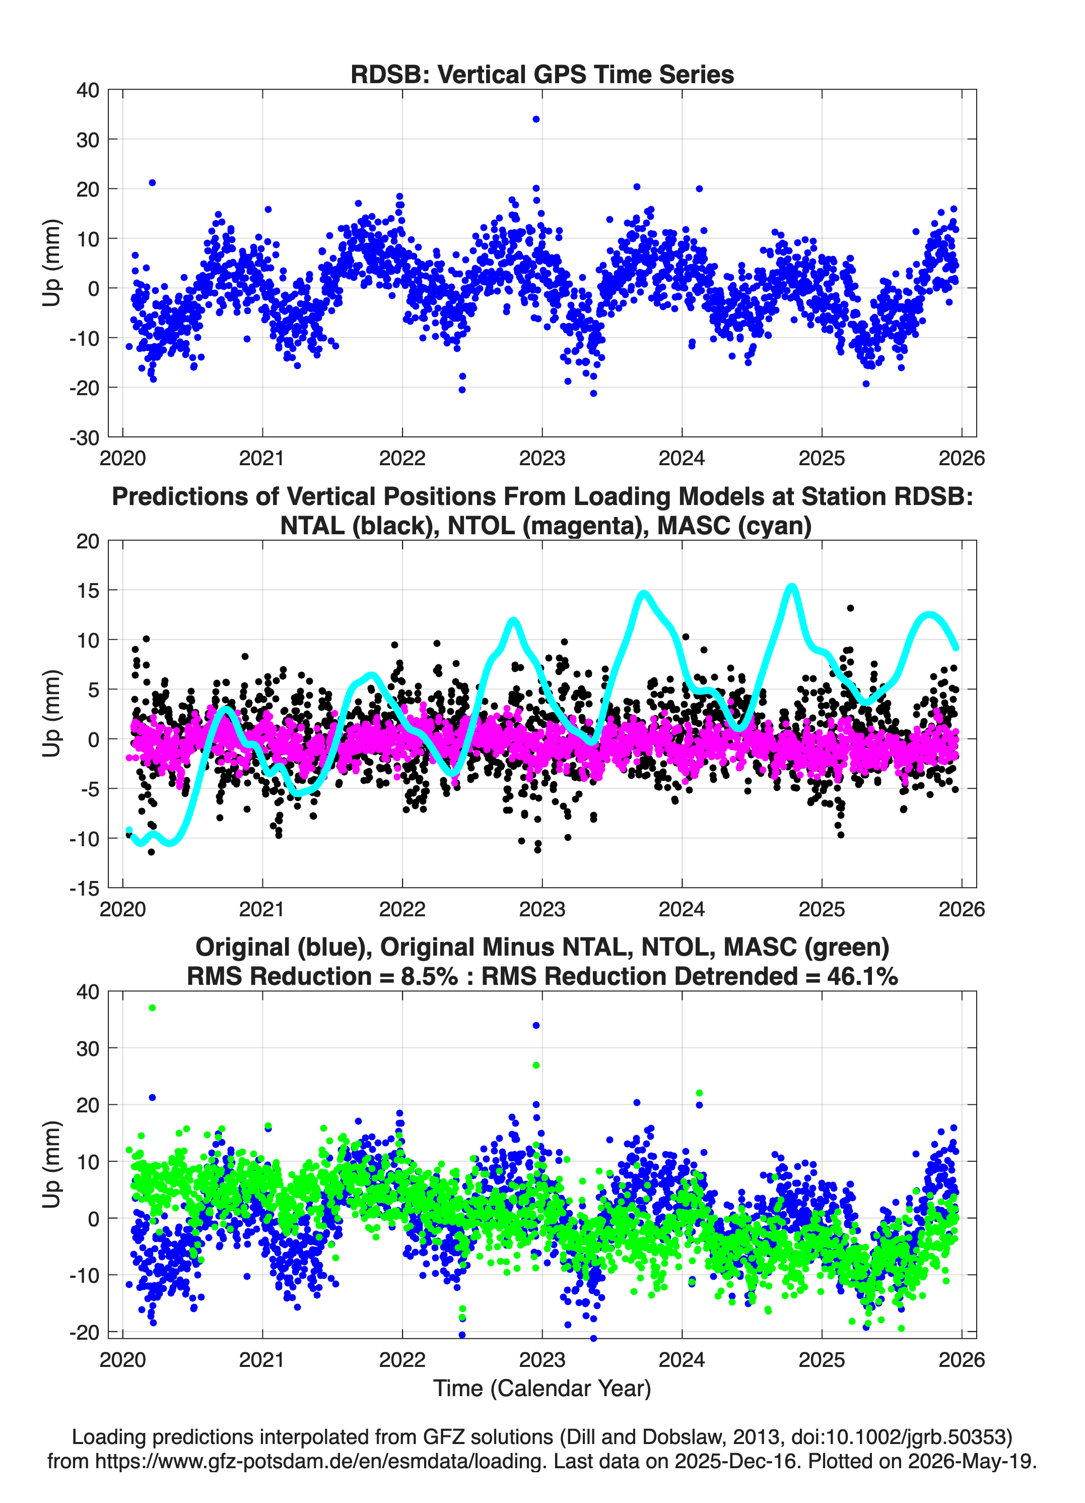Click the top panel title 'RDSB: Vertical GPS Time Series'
click(x=542, y=74)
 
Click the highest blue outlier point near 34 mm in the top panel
click(x=536, y=119)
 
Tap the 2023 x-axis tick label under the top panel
click(x=542, y=458)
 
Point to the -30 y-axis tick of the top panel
click(x=85, y=437)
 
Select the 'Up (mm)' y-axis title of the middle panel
click(x=52, y=714)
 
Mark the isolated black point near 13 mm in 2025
click(x=850, y=608)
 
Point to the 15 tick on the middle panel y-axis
click(x=88, y=590)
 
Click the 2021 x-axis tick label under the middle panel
click(x=262, y=909)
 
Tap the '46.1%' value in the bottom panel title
click(x=862, y=976)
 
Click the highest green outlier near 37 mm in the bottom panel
click(x=152, y=1008)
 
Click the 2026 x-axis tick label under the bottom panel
click(x=962, y=1359)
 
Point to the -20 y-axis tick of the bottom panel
click(x=85, y=1332)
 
